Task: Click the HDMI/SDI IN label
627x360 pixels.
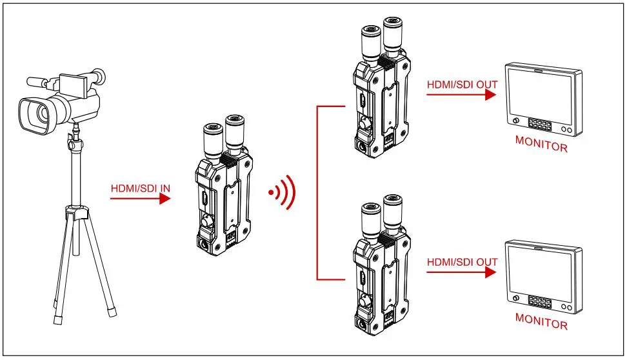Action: pos(141,188)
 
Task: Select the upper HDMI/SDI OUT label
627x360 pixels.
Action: pos(462,83)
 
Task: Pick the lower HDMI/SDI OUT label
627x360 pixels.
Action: pos(462,261)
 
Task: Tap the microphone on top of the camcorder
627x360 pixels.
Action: pos(39,82)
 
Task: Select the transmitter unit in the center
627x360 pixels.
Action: pos(222,194)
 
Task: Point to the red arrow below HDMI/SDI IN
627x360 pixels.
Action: pos(139,199)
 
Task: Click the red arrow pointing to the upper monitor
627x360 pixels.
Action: pos(461,94)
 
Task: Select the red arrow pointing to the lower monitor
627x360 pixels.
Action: pos(461,272)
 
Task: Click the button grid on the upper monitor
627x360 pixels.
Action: pos(540,124)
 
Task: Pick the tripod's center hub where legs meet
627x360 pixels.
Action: pos(77,213)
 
